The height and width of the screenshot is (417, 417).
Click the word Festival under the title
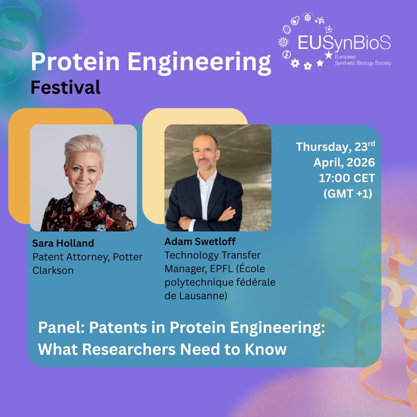[x=65, y=88]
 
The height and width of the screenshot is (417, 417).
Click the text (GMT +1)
[x=349, y=193]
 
